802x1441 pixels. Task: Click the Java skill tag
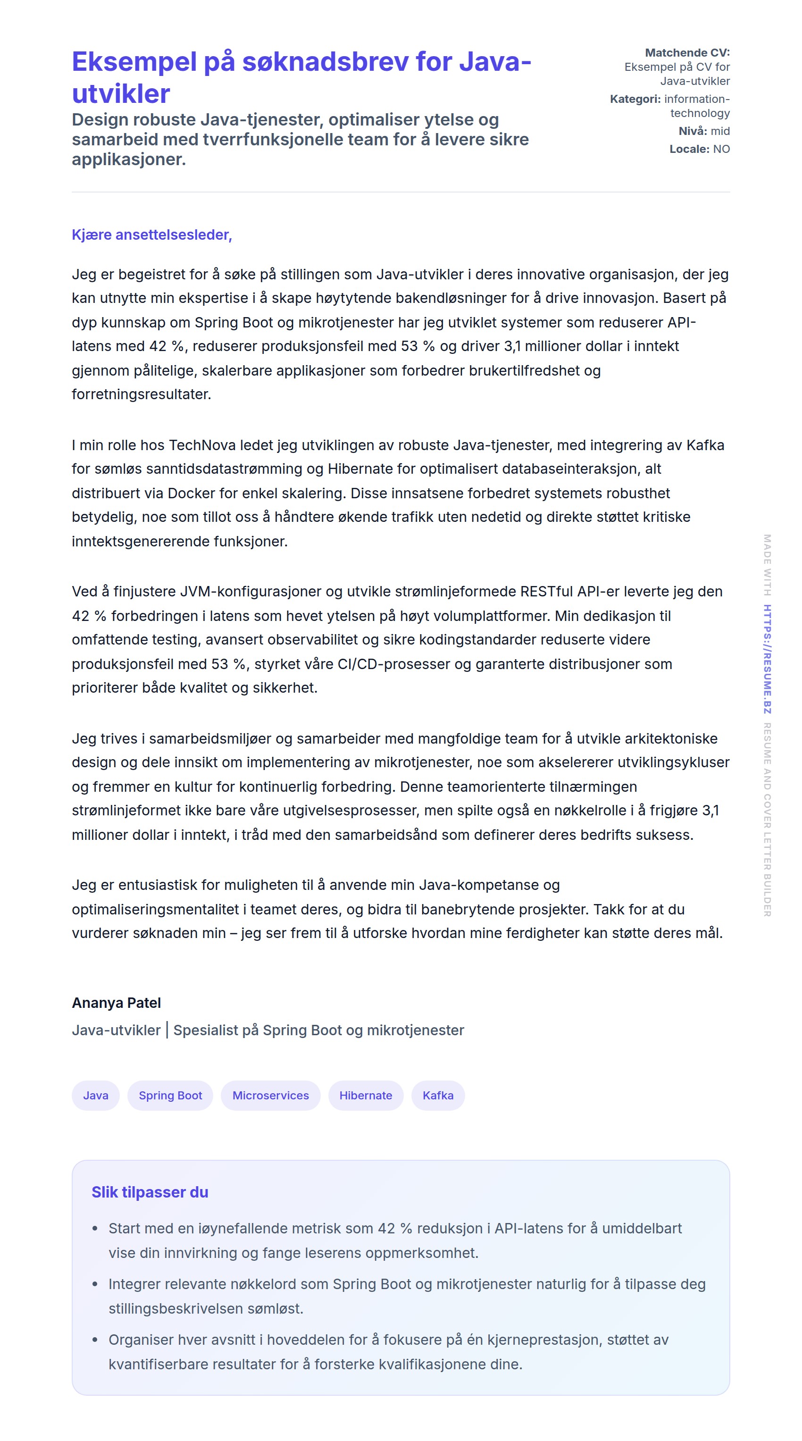pos(96,1095)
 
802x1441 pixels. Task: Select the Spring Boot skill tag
pos(170,1095)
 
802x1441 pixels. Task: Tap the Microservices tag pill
pos(270,1095)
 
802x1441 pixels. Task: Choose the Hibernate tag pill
pos(365,1095)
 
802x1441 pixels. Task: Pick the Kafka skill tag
pos(438,1095)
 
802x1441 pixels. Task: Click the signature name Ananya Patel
pos(117,1003)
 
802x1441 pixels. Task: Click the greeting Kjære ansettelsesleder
pos(151,235)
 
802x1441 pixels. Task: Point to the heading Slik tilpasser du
pos(150,1192)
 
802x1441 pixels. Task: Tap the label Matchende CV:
pos(687,52)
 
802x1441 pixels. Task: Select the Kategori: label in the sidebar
pos(635,99)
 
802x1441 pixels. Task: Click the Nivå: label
pos(693,131)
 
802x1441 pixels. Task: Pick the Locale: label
pos(689,149)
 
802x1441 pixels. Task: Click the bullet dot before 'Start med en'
pos(95,1228)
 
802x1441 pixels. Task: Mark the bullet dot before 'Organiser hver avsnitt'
pos(95,1340)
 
